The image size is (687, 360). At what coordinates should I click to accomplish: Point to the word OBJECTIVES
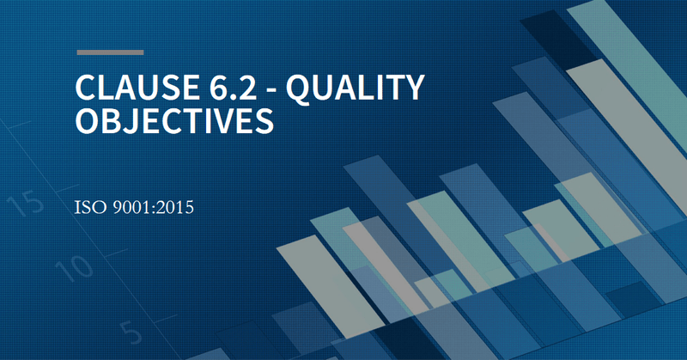pos(175,120)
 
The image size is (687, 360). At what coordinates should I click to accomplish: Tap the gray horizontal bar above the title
pos(110,52)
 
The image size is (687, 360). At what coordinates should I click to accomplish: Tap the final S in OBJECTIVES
pos(264,120)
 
